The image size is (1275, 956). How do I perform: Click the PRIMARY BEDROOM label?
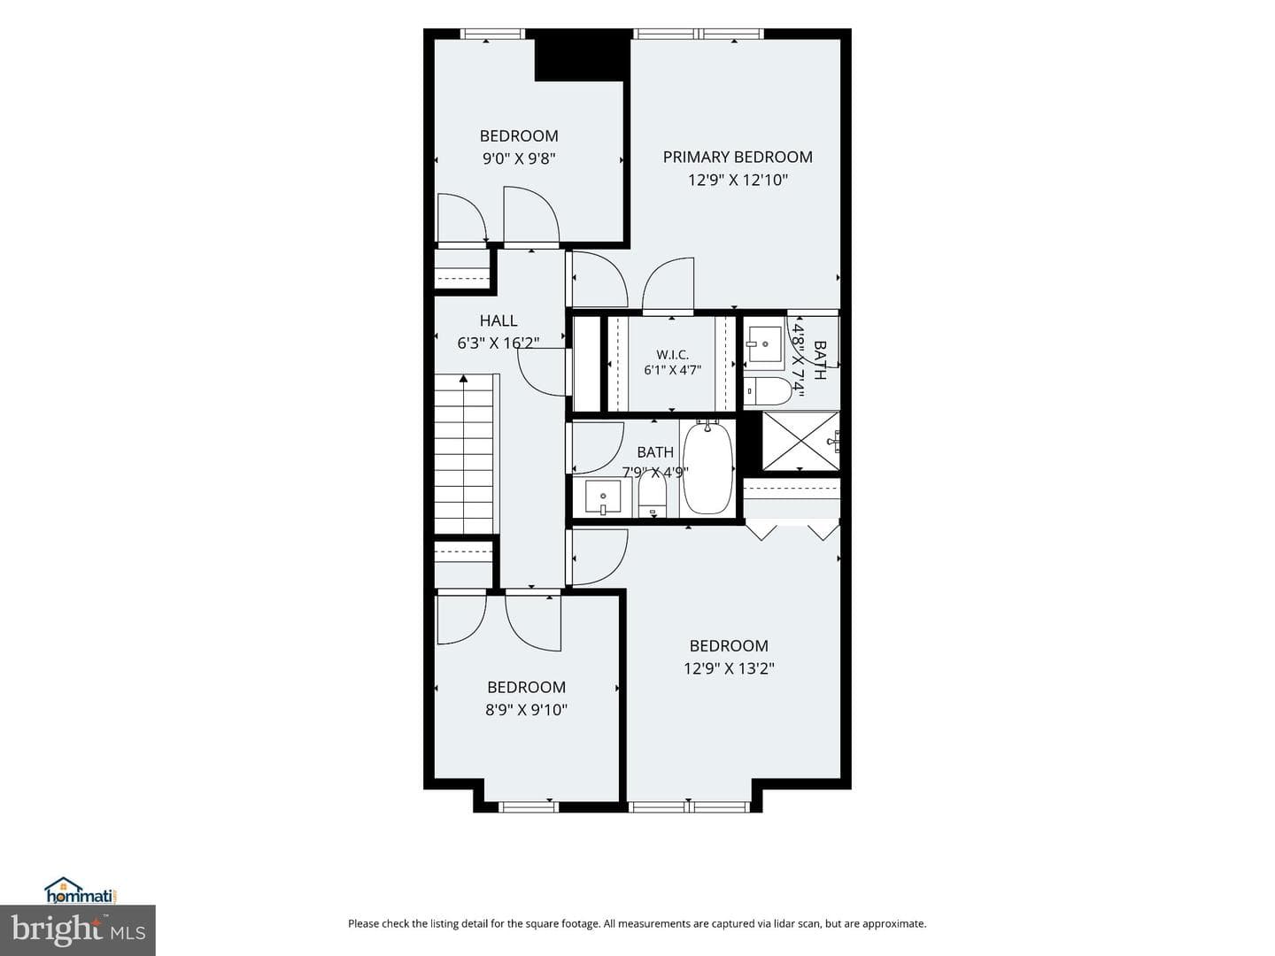(x=738, y=157)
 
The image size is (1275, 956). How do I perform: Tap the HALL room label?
(x=498, y=320)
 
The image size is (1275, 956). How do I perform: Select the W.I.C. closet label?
(x=672, y=355)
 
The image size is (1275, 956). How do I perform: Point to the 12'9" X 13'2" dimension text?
(x=729, y=668)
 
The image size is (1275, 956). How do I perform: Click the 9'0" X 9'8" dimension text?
(x=519, y=158)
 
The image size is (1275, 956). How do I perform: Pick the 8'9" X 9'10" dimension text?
(x=526, y=710)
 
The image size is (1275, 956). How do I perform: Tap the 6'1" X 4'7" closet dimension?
(x=673, y=370)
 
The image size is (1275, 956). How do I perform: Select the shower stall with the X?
(x=800, y=441)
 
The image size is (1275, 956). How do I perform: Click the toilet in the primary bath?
(x=768, y=391)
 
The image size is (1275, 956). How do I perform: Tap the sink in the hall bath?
(x=603, y=497)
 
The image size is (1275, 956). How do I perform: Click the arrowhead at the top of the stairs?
(x=464, y=379)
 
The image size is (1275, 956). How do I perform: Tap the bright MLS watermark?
(x=78, y=930)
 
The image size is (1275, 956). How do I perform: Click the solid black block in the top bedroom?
(x=582, y=55)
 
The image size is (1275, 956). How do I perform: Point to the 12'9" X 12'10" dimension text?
(x=738, y=180)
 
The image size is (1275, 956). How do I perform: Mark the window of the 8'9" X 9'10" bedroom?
(x=529, y=806)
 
